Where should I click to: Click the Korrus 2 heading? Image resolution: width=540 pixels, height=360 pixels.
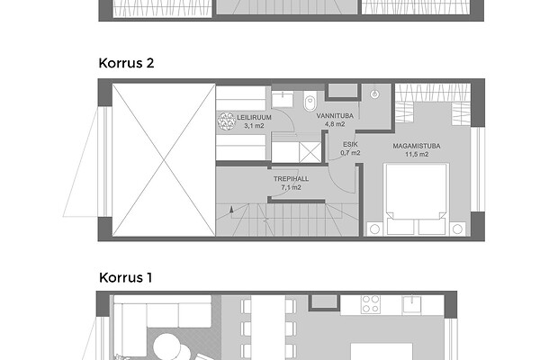(126, 63)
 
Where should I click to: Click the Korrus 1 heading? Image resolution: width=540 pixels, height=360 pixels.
(125, 278)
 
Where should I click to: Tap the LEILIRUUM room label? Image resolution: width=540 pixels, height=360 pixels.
(254, 118)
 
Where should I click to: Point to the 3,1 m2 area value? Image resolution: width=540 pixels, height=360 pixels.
(254, 126)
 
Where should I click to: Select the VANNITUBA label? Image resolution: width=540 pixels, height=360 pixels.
(335, 116)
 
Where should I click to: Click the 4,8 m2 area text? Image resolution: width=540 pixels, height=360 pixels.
(335, 124)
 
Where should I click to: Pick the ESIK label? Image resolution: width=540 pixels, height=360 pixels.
(350, 145)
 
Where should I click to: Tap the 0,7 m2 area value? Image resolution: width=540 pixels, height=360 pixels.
(350, 153)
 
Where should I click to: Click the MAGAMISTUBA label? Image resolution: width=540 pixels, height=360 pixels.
(417, 146)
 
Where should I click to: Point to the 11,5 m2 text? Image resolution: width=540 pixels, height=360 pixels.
(417, 154)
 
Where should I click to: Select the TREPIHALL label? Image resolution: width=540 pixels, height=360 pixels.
(291, 179)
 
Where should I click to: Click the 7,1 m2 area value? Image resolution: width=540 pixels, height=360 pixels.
(291, 187)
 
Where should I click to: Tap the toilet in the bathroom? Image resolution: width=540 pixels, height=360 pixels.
(310, 100)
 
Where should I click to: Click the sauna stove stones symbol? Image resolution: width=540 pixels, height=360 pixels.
(226, 121)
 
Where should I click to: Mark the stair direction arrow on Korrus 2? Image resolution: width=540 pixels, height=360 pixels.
(231, 209)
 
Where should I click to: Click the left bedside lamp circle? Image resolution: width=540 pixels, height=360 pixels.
(375, 229)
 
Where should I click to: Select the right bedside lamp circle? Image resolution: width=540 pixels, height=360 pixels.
(457, 229)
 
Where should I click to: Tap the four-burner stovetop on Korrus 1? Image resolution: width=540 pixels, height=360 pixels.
(371, 304)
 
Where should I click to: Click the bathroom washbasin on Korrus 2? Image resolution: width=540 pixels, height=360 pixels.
(283, 99)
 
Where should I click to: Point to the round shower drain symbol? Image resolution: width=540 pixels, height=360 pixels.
(375, 94)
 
